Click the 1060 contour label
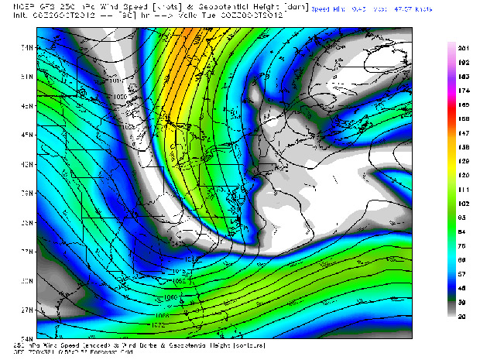coord(170,297)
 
